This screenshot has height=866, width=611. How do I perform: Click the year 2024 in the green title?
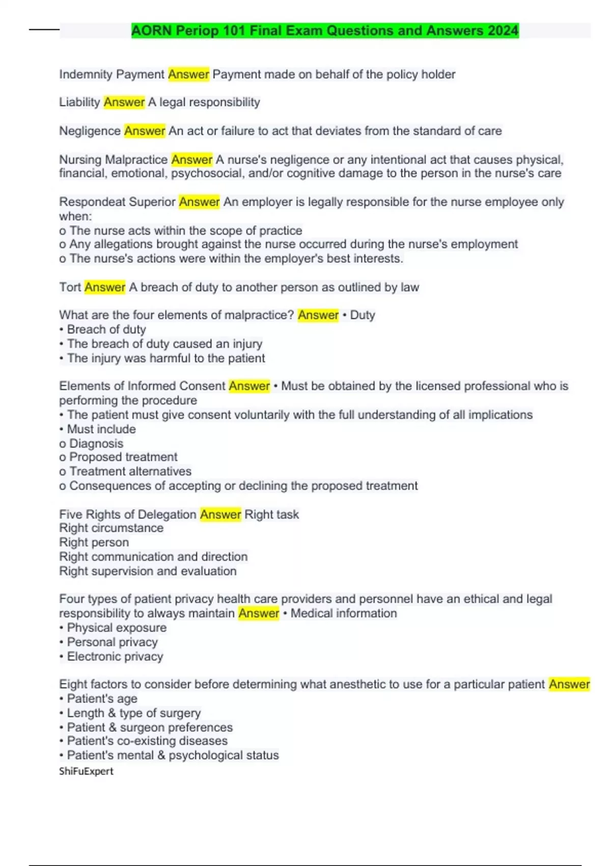[503, 31]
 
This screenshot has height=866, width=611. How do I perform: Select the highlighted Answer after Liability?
[124, 102]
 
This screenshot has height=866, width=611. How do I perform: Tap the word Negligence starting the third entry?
[90, 131]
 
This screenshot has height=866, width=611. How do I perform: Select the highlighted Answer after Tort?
[105, 287]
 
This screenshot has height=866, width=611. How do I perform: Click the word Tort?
[70, 287]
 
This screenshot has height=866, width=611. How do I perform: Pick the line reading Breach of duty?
[106, 330]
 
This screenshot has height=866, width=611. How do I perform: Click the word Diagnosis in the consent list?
[96, 444]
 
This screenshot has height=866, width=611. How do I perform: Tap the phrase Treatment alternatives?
[130, 471]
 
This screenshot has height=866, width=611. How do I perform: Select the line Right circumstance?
[111, 528]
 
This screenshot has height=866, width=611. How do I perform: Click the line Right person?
[94, 543]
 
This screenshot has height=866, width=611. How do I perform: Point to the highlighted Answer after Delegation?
[220, 515]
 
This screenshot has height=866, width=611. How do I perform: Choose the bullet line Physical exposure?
[117, 628]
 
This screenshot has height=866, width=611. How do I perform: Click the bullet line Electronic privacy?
[115, 657]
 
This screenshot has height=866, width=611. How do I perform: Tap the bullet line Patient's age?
[102, 699]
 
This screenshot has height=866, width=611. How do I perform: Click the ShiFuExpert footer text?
[86, 771]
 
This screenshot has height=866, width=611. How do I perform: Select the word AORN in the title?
[151, 31]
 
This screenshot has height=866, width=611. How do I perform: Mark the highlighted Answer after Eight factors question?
[569, 684]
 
